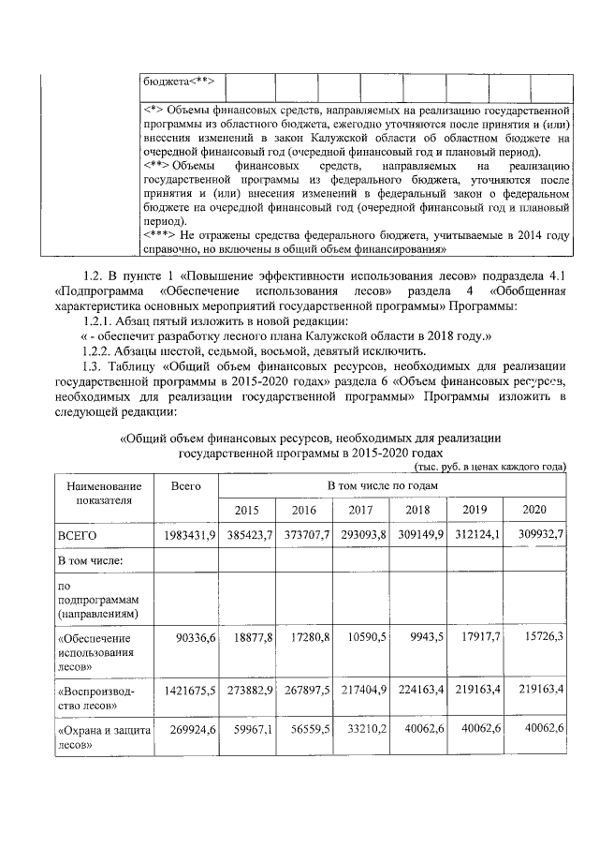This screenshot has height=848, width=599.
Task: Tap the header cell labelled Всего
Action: pyautogui.click(x=187, y=486)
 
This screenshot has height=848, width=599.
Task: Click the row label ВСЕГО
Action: pyautogui.click(x=79, y=534)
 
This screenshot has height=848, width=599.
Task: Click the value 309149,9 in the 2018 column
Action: pyautogui.click(x=420, y=534)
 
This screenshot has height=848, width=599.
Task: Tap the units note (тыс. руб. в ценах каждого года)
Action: pyautogui.click(x=489, y=466)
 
